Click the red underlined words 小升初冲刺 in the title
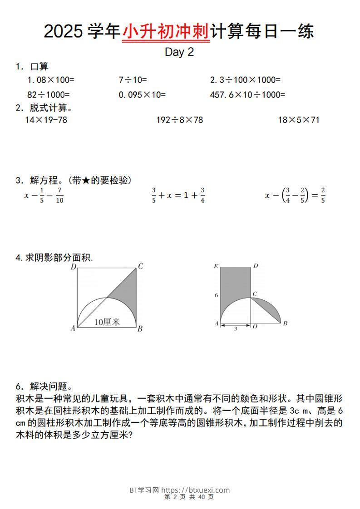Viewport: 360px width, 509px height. [x=166, y=32]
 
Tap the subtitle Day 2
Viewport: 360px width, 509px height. [x=179, y=52]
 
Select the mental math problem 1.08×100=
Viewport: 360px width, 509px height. [x=51, y=80]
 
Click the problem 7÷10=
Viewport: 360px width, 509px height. [x=133, y=80]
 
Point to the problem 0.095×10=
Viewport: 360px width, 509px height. [x=142, y=95]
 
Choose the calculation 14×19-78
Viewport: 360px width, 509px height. [x=46, y=120]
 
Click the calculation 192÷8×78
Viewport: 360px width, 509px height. [x=179, y=120]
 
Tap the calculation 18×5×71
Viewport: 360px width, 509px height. [x=299, y=120]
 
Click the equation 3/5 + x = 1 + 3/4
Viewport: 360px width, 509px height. [x=178, y=196]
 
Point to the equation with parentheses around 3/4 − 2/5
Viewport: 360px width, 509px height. [x=295, y=196]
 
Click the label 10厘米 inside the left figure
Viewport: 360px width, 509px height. [x=107, y=322]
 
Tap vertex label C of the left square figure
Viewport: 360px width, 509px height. [x=141, y=267]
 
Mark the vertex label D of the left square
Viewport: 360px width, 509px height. [x=73, y=267]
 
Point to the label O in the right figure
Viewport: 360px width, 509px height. [x=255, y=327]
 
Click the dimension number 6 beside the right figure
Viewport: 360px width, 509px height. [x=216, y=295]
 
